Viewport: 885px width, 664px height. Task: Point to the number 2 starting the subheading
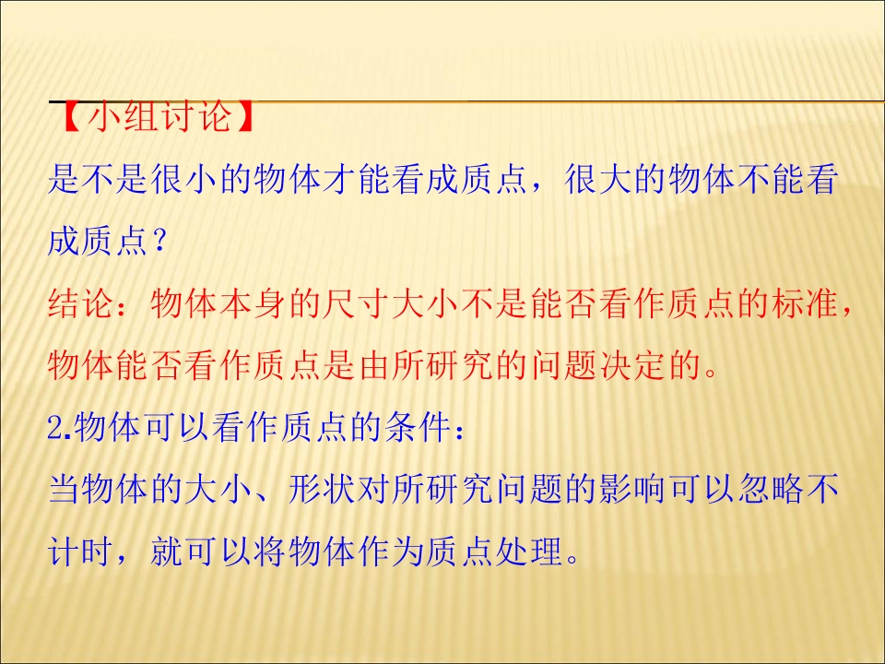(x=53, y=429)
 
